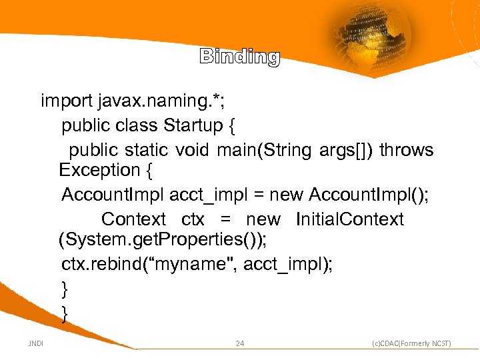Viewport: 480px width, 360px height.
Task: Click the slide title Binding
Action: coord(239,57)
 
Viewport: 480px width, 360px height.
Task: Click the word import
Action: coord(66,101)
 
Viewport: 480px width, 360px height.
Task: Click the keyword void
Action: coord(193,150)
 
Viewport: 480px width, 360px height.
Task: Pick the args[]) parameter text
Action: coord(344,150)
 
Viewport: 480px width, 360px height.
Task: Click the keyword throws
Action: coord(407,150)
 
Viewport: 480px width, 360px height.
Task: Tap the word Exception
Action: coord(99,171)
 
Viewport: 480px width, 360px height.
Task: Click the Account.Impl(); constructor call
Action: coord(369,195)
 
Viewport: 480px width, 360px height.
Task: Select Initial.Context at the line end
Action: coord(349,219)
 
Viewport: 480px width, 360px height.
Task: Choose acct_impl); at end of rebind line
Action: coord(288,265)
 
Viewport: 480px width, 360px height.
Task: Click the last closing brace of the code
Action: coord(65,313)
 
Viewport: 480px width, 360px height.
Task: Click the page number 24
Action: coord(240,344)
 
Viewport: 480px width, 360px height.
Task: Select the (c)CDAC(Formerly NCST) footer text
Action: coord(411,344)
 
